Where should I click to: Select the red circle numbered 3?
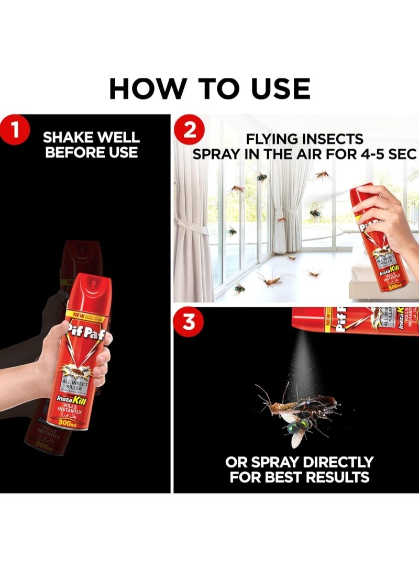coord(190,322)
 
